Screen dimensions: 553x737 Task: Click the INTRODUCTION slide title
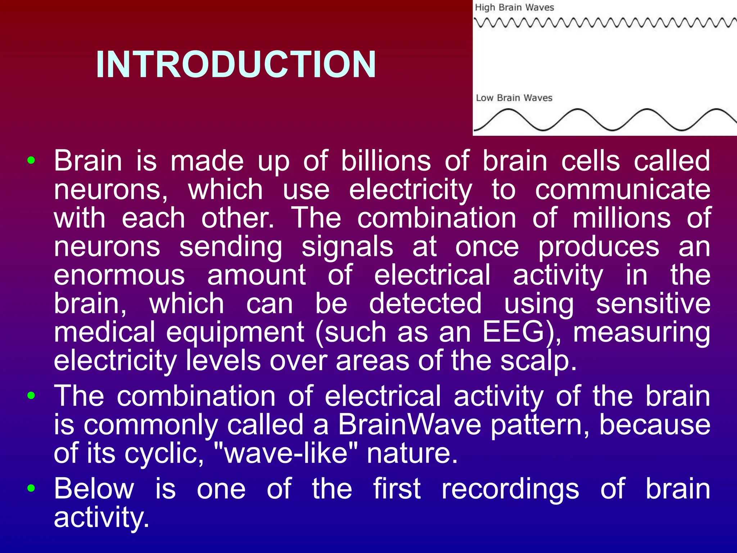coord(236,64)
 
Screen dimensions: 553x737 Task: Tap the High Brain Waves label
coord(514,8)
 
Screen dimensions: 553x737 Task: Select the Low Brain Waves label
coord(514,98)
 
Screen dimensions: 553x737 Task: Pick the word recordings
coord(510,489)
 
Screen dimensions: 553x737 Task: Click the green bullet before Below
coord(31,489)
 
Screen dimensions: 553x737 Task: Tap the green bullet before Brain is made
coord(31,161)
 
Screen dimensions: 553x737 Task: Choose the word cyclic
coord(164,454)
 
